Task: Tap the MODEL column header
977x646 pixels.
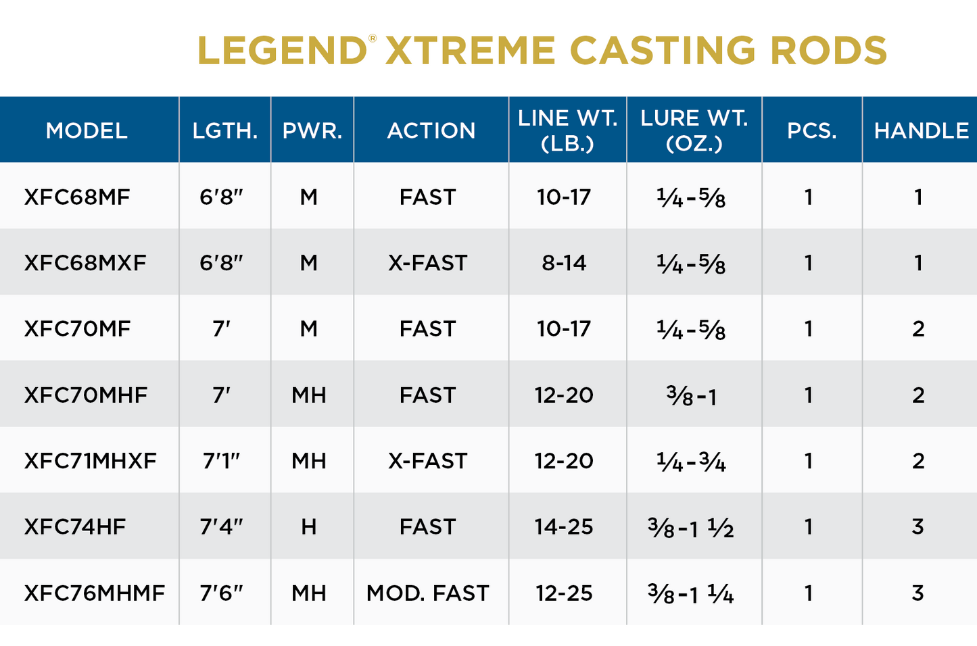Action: (87, 130)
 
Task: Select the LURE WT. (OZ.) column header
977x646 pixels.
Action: (694, 130)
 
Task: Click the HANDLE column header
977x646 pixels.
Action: (921, 130)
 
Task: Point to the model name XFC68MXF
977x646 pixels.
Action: (85, 263)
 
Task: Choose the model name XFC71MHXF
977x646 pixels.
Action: (90, 461)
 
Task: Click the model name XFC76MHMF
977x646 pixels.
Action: (95, 593)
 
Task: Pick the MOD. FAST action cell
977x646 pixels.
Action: (427, 593)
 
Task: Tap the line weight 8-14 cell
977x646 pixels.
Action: (564, 263)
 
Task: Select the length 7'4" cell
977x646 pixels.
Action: (221, 527)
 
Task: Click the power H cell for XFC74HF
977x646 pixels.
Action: (309, 527)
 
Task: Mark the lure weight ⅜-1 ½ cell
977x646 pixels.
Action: (690, 528)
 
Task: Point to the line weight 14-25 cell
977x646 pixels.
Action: (564, 527)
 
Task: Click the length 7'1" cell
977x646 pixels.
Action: (221, 461)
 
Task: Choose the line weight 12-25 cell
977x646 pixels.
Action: (564, 593)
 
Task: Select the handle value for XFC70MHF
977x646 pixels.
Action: (918, 395)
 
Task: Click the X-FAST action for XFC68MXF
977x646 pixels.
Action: (427, 263)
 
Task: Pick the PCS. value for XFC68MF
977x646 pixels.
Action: (808, 197)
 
